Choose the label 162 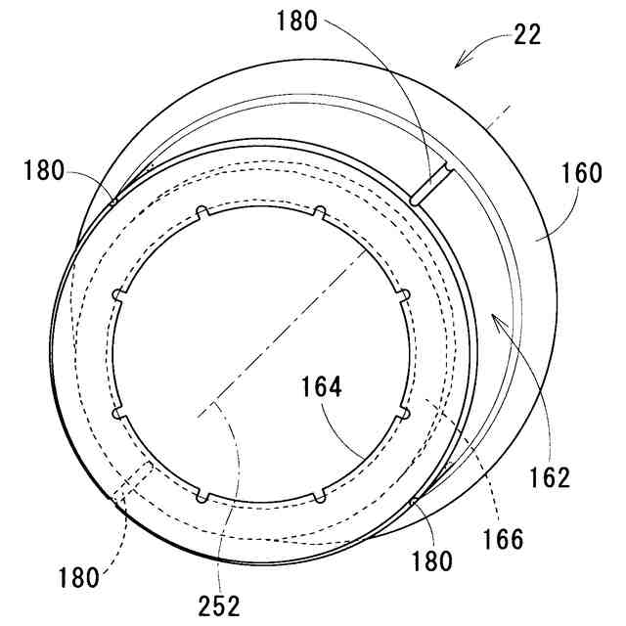coord(549,477)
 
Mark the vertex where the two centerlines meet coord(209,408)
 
